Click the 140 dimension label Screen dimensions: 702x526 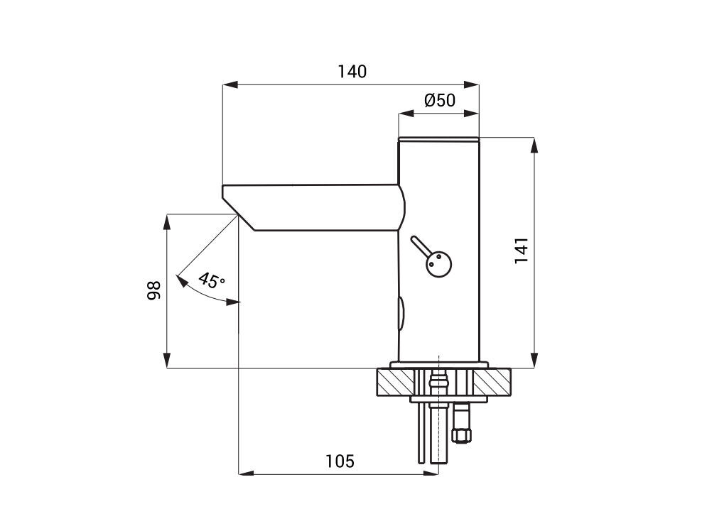coord(352,72)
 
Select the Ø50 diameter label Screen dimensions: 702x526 coord(440,100)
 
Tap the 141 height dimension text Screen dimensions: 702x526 coord(522,251)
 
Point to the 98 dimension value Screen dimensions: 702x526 coord(153,290)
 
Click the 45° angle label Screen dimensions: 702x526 coord(211,280)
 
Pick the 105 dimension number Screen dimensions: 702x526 coord(340,461)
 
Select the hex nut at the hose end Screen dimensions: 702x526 coord(462,434)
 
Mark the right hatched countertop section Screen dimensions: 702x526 coord(492,381)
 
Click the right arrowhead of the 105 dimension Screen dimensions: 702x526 coord(431,473)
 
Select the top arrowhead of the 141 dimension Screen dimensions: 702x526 coord(534,145)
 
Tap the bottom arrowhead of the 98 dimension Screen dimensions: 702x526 coord(166,361)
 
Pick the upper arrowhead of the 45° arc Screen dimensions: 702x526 coord(182,280)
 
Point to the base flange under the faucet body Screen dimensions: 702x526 coord(439,365)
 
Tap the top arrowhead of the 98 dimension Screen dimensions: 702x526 coord(166,222)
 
